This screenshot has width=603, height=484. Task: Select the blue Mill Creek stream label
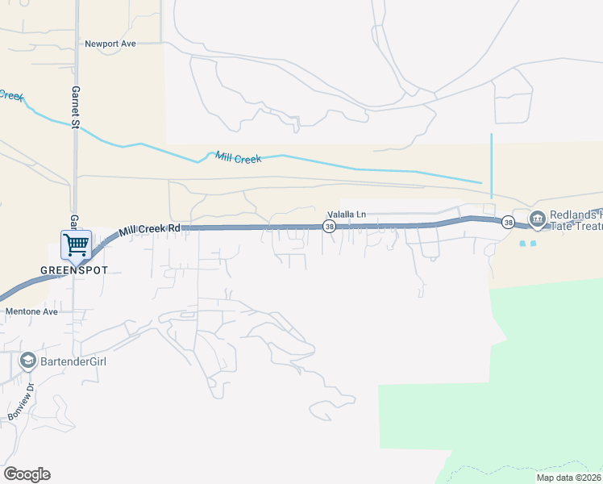(x=238, y=158)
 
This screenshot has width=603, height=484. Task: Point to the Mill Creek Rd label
(x=149, y=230)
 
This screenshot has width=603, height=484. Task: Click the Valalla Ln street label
(x=346, y=215)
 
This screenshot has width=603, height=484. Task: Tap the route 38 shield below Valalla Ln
(x=330, y=227)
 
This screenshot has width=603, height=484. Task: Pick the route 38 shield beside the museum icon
(x=508, y=222)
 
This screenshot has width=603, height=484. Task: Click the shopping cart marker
(x=76, y=243)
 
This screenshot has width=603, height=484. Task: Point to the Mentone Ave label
(x=32, y=311)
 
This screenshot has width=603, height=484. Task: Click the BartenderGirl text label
(x=75, y=361)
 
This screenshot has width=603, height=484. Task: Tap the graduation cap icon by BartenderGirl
(x=28, y=361)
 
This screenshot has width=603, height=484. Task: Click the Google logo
(x=27, y=474)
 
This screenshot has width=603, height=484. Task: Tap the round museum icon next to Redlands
(x=538, y=219)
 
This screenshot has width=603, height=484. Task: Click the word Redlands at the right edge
(x=576, y=215)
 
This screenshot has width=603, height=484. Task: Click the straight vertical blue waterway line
(x=491, y=165)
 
